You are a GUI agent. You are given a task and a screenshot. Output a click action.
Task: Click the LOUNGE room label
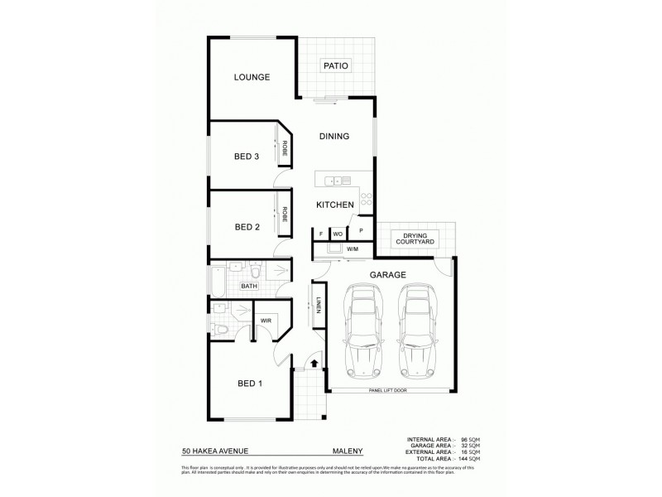[252, 77]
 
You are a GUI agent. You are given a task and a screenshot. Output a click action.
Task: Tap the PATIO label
[335, 65]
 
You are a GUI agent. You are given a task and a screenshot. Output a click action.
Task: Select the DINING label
[333, 137]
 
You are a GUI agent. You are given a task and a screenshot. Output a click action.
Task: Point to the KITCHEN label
[335, 205]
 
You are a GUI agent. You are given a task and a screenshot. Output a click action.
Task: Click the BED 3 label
[247, 156]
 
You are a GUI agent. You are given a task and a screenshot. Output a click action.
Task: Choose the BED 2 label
[247, 226]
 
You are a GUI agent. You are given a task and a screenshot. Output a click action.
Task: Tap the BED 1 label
[250, 383]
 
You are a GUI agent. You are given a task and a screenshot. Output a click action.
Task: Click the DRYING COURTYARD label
[415, 239]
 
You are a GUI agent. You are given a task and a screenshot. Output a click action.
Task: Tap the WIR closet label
[266, 320]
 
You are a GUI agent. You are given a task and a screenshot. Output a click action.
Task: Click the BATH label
[248, 287]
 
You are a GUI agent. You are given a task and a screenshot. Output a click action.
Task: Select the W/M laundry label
[352, 248]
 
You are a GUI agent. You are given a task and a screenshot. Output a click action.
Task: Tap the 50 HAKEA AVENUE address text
[214, 451]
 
